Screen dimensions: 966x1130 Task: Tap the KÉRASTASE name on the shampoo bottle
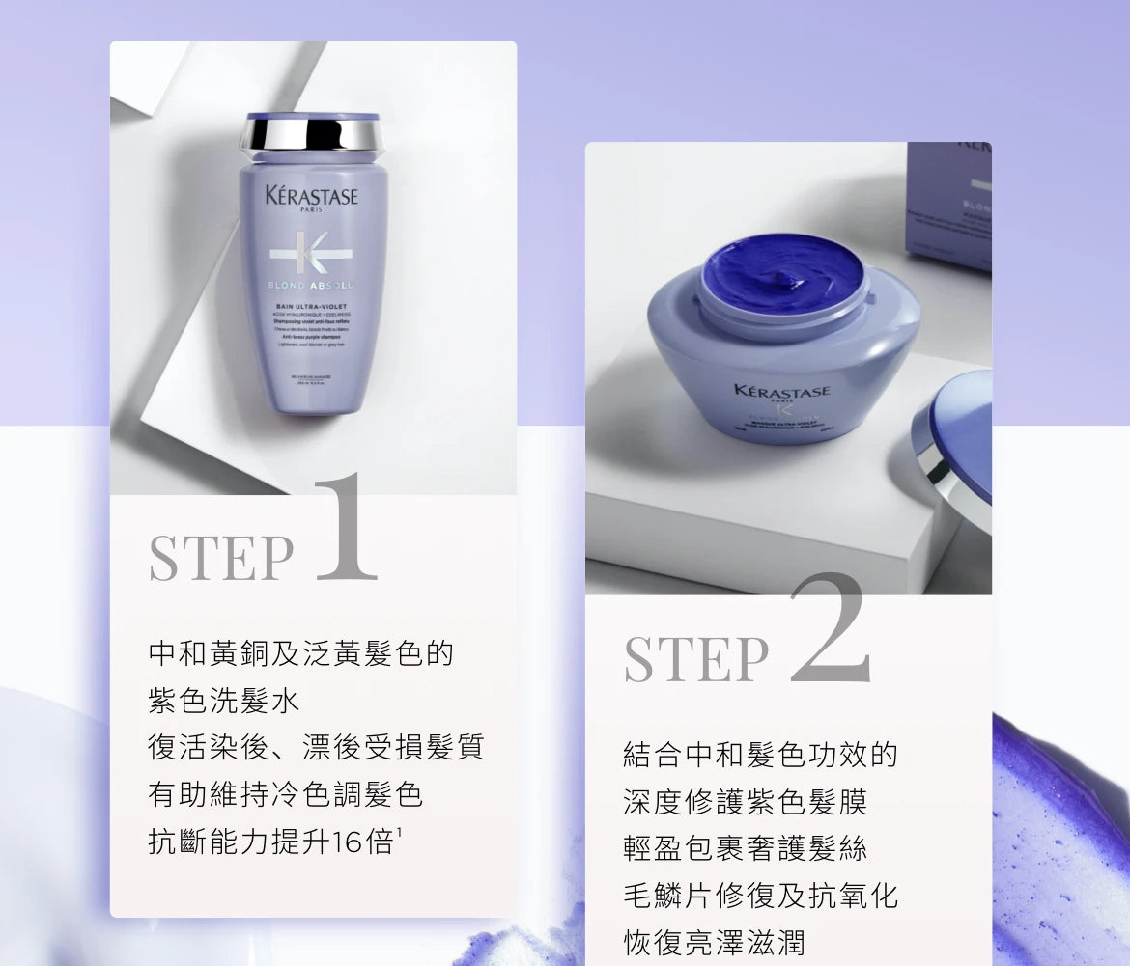tap(311, 197)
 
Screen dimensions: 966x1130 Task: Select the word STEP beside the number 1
tap(221, 558)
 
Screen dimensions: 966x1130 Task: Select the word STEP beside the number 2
tap(696, 658)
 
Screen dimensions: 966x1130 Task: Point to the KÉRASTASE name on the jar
tap(781, 391)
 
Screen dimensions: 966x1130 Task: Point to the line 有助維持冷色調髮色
tap(286, 794)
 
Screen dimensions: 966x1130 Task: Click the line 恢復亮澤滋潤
tap(715, 942)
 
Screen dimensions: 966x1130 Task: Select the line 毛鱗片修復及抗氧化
tap(761, 895)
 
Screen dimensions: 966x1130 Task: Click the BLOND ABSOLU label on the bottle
tap(311, 286)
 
